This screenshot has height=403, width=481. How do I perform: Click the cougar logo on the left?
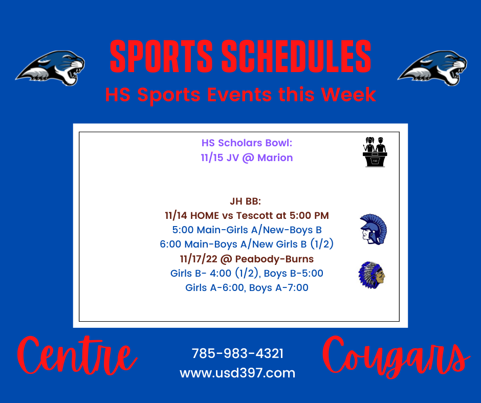click(x=50, y=68)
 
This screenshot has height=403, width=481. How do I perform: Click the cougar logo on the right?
click(x=432, y=68)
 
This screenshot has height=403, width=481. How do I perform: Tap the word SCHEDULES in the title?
click(x=296, y=57)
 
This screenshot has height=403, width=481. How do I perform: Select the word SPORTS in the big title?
click(x=161, y=57)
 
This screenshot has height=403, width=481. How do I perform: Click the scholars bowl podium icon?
click(x=375, y=152)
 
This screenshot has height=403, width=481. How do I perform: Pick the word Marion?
click(x=275, y=158)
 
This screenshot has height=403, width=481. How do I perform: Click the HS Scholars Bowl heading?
click(x=247, y=143)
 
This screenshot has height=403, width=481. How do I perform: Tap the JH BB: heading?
click(x=246, y=201)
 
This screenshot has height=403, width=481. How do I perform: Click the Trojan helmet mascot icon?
click(x=373, y=229)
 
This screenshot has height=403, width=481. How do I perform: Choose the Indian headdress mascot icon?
click(x=372, y=275)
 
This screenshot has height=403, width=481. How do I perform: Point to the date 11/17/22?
click(x=199, y=259)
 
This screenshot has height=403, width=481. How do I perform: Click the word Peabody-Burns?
click(x=274, y=259)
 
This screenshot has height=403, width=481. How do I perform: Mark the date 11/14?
click(x=177, y=216)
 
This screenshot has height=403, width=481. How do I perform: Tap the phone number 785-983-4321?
click(x=237, y=353)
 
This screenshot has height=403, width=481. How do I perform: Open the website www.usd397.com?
click(x=237, y=373)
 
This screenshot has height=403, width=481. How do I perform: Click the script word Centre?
click(x=77, y=356)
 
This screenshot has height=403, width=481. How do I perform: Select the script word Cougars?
click(x=396, y=357)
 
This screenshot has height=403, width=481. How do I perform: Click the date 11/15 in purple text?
click(x=212, y=158)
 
